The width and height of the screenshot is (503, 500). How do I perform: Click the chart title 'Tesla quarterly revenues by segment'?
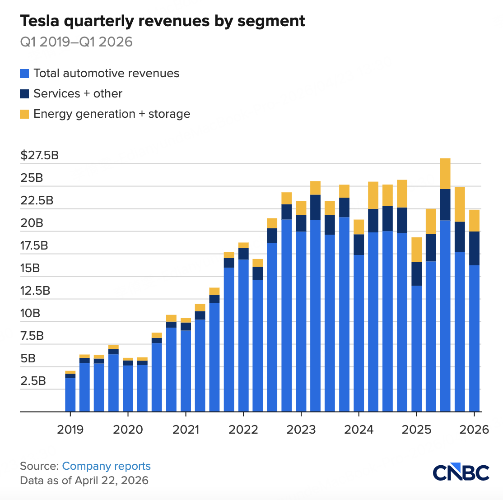click(163, 21)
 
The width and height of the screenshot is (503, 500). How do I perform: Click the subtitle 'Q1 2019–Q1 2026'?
click(76, 42)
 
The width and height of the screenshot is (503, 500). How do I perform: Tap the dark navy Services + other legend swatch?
click(24, 94)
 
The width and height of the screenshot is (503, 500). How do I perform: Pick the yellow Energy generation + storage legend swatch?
click(24, 114)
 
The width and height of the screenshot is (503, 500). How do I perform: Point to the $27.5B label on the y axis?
click(39, 156)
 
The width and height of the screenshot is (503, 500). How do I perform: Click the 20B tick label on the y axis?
click(32, 223)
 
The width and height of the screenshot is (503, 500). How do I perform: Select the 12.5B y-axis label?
click(35, 291)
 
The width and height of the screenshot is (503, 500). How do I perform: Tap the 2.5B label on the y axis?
click(33, 380)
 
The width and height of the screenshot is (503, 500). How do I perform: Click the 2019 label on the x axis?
click(70, 429)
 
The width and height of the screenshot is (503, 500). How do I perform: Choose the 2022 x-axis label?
click(243, 429)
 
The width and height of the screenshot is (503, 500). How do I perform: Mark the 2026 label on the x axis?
click(474, 429)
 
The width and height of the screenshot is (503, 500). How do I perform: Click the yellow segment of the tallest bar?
click(445, 174)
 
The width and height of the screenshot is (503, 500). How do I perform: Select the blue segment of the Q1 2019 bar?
click(70, 395)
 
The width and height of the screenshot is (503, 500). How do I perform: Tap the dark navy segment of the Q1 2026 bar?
click(474, 248)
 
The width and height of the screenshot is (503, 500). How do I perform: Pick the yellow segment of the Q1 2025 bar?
click(416, 250)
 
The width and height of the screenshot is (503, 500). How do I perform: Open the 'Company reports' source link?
click(106, 466)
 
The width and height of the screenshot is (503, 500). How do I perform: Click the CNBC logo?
click(461, 472)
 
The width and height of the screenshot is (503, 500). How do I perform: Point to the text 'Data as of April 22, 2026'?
click(84, 480)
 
